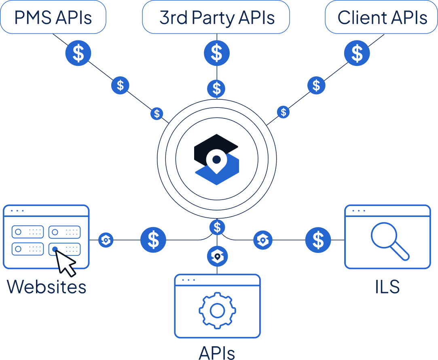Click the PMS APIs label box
point(53,17)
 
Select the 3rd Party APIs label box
point(216,17)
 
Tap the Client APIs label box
point(381,17)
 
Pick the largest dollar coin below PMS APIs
point(78,53)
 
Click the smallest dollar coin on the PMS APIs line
point(157,114)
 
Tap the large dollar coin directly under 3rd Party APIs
point(217,53)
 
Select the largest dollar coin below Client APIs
point(357,53)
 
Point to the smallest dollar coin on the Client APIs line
point(284,112)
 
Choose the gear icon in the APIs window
point(217,310)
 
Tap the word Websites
point(47,287)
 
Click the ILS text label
point(387,287)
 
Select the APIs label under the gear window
point(217,352)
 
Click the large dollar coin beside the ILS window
point(318,240)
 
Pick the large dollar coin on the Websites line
point(153,240)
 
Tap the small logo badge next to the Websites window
point(106,240)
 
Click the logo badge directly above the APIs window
point(217,256)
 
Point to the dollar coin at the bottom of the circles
point(217,227)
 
